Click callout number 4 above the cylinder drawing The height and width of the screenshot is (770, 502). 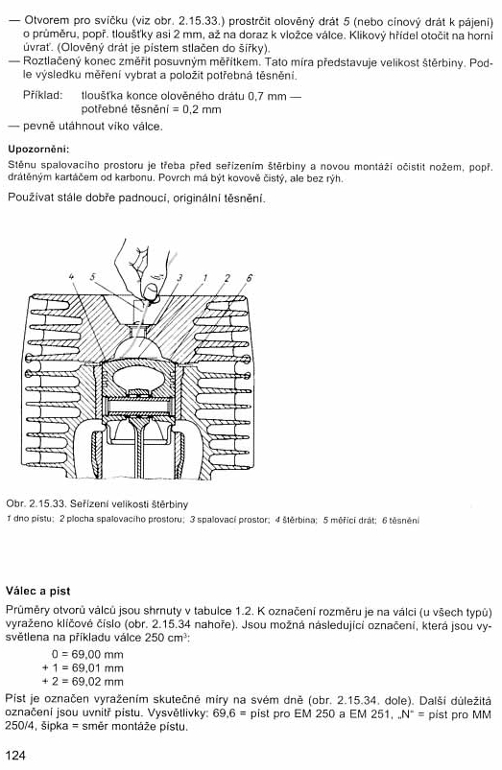72,276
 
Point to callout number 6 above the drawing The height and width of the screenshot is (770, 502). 249,278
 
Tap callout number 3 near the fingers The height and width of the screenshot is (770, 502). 179,278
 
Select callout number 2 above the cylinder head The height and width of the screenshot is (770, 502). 227,278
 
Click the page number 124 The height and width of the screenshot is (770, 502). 15,755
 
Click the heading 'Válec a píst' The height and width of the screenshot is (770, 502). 37,592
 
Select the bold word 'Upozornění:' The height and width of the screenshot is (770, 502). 38,149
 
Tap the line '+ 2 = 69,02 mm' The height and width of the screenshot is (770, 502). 84,682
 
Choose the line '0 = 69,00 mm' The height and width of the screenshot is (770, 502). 87,655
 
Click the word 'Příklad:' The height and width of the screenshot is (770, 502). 43,95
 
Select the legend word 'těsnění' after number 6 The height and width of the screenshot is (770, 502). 404,520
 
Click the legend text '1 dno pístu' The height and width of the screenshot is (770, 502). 30,520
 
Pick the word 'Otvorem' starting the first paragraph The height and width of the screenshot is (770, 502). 46,21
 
